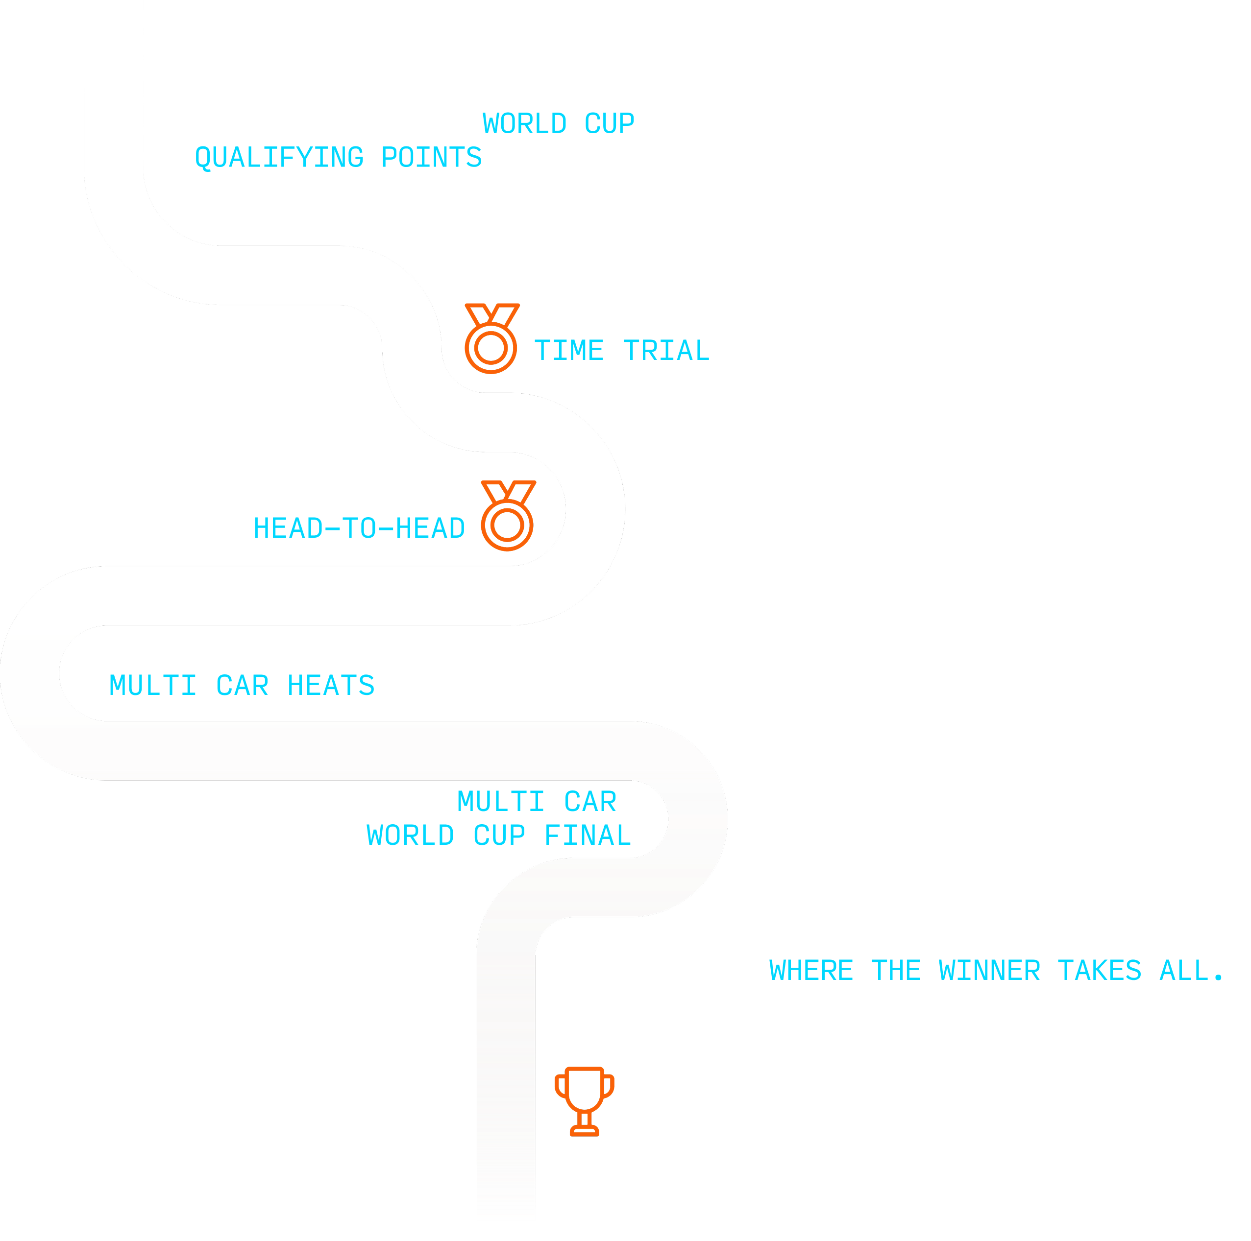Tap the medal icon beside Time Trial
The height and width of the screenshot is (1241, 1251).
[x=491, y=338]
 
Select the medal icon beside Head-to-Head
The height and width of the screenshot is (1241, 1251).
[x=508, y=516]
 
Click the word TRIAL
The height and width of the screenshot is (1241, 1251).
[x=666, y=351]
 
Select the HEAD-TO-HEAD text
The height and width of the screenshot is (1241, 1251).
[x=359, y=528]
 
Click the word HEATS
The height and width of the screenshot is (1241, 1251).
[x=331, y=686]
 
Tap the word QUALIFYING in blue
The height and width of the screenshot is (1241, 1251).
[x=280, y=158]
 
